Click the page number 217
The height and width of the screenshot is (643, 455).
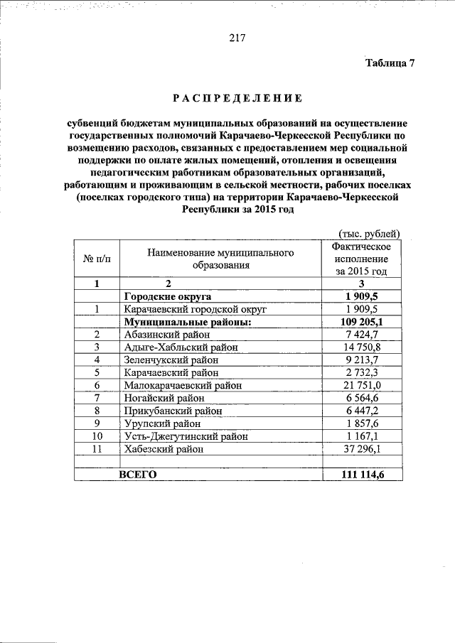coord(237,38)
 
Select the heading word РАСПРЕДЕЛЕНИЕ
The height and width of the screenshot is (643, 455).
coord(237,97)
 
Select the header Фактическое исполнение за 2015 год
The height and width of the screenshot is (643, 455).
coord(361,259)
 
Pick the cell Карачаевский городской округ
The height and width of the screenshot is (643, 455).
coord(194,309)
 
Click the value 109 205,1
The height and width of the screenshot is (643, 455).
coord(361,322)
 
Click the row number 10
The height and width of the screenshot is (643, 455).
coord(97,436)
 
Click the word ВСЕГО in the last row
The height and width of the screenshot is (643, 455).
coord(137,474)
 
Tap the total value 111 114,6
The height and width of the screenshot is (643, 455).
coord(361,474)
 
